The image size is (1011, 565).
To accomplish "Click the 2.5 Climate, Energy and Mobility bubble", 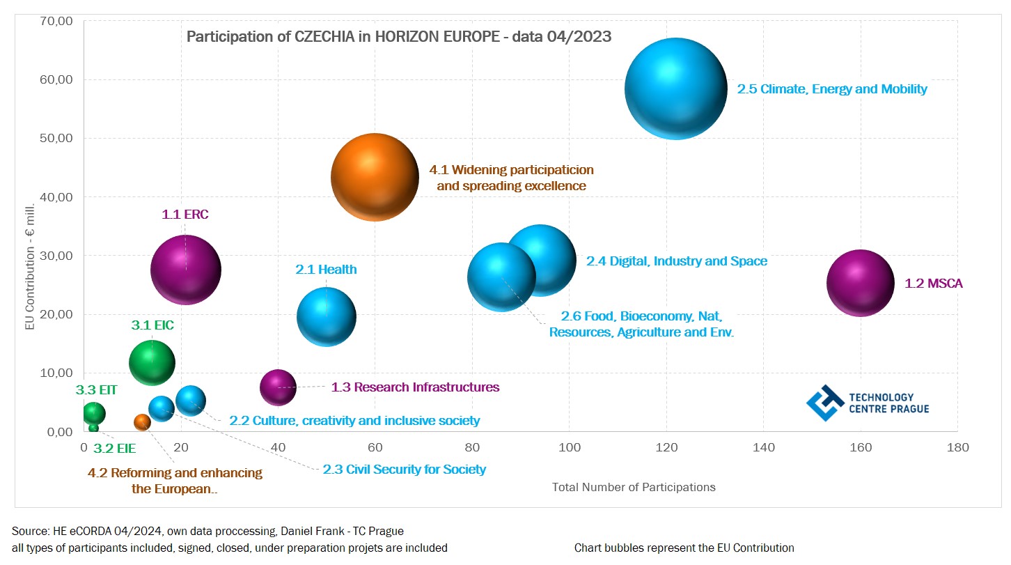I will coord(675,88).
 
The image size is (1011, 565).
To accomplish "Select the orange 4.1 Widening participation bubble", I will coord(375,178).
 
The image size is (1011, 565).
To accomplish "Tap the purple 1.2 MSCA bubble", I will coord(860,283).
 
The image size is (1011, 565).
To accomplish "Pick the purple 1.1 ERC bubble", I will coord(186,270).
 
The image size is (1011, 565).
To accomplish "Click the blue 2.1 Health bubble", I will coord(327,317).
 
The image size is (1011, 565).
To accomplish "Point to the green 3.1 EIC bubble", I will coord(152,362).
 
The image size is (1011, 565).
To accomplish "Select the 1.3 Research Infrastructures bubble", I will coord(278,387).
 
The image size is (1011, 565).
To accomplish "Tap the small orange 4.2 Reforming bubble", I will coord(142,422).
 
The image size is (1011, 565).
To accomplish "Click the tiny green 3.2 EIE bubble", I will coord(93,428).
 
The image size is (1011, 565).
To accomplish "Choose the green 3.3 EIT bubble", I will coord(94,413).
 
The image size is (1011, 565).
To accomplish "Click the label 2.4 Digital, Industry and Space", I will coord(676,261).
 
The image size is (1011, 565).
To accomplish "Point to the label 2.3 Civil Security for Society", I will coord(404,470).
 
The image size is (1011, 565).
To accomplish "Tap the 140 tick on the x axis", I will coord(764,448).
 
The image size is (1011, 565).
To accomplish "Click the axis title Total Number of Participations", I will coord(634,488).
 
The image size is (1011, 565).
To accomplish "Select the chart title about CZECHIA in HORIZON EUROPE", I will coord(399,37).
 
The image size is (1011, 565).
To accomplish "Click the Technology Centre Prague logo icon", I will coord(824,403).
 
